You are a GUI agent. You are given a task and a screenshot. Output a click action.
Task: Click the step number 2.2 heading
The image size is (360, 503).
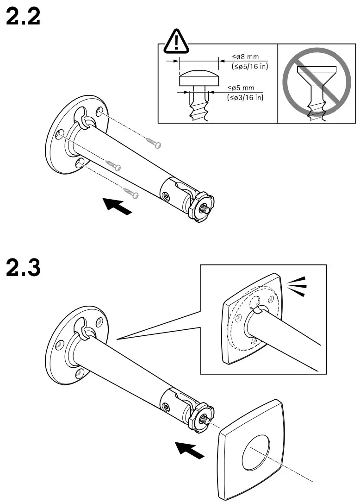tap(23, 17)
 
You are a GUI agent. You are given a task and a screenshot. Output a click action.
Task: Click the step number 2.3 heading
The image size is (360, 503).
tap(23, 269)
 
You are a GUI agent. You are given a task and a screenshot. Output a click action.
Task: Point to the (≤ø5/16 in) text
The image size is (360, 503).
tap(250, 66)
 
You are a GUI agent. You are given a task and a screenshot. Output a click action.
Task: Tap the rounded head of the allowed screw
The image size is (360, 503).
tap(199, 78)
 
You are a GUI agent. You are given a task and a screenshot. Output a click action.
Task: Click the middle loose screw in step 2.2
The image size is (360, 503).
tap(113, 164)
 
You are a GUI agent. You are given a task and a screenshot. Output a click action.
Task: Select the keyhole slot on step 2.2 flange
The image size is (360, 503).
tap(84, 118)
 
